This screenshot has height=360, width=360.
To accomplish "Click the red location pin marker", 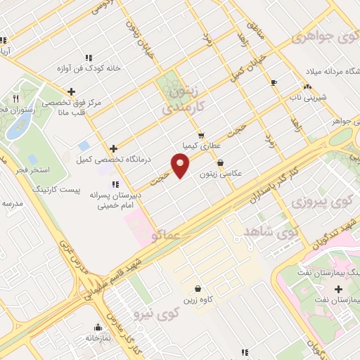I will coord(181,166).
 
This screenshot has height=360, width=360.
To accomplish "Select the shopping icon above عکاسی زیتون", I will coord(221,162).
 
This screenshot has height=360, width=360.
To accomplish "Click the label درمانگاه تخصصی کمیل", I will coord(105,160).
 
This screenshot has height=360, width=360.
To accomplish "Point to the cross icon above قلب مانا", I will coord(71,91).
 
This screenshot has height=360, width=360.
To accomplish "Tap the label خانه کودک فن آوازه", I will coord(89,69).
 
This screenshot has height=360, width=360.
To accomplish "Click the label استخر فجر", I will coord(30,171).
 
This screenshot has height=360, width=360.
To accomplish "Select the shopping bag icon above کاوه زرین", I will coord(198,288).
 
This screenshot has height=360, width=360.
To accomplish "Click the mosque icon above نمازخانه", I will coord(98,327).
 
